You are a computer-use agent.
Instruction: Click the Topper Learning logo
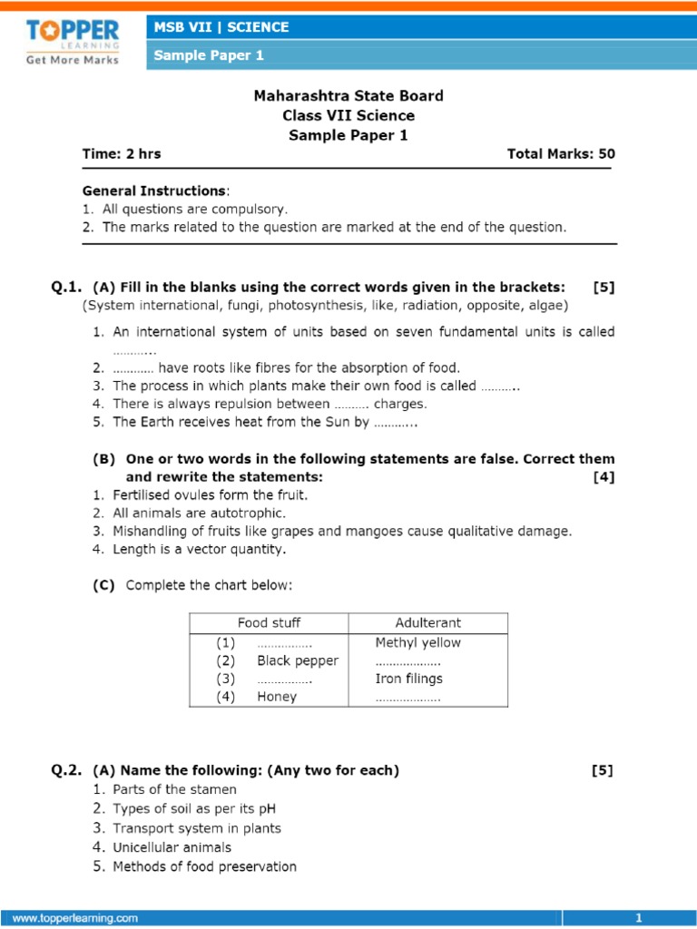coord(73,41)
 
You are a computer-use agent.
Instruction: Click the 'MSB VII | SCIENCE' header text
coord(221,27)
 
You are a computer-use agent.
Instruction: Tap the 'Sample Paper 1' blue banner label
coord(209,55)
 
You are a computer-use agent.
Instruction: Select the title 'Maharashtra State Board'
coord(348,96)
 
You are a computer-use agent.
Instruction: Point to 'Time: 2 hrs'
coord(122,153)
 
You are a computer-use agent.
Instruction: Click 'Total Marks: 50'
coord(561,153)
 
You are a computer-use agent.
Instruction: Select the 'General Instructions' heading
coord(154,191)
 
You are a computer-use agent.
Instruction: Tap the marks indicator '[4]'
coord(604,477)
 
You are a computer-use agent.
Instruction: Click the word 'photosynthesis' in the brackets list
coord(310,305)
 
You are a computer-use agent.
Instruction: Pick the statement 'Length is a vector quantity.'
coord(199,549)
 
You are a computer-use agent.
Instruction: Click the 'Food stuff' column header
coord(269,622)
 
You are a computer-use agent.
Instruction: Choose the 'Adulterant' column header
coord(427,622)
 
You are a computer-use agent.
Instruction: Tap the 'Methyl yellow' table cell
coord(417,642)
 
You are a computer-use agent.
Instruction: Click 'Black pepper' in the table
coord(297,660)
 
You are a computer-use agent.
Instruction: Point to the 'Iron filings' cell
coord(408,679)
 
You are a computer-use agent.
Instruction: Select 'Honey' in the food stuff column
coord(277,697)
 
